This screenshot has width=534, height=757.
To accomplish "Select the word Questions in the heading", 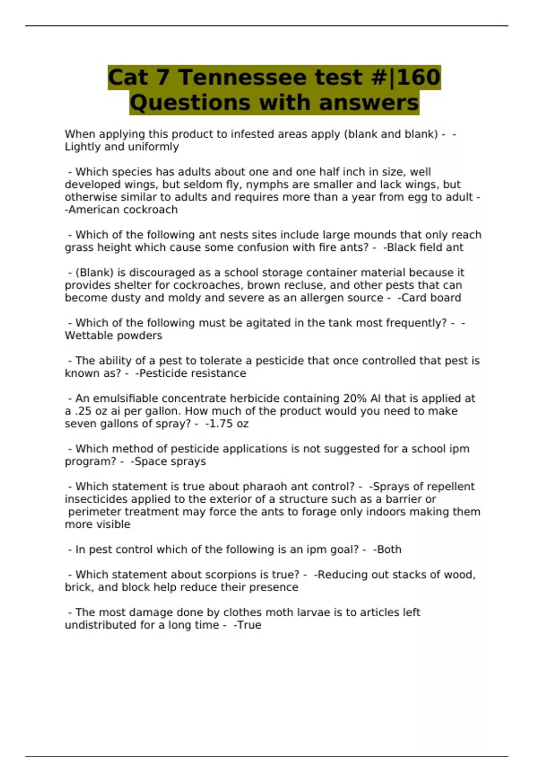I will tap(191, 103).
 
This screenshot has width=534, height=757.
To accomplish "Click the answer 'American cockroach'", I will tap(122, 210).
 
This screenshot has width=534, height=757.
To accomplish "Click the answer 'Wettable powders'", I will tap(113, 336).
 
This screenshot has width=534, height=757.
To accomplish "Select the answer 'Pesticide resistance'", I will tap(191, 374).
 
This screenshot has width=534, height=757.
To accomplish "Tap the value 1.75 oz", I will tap(228, 424).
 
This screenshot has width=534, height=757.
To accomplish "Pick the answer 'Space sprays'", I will tap(170, 461).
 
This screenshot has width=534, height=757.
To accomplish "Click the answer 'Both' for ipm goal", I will tap(388, 549).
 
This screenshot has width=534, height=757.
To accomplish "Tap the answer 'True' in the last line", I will tap(249, 625).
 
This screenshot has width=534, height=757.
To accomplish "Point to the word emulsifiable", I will tap(125, 399).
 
